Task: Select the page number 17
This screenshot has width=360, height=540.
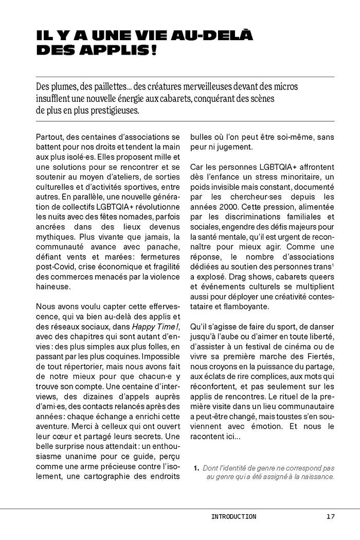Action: (x=330, y=516)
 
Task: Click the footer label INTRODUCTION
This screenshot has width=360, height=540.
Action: (x=233, y=516)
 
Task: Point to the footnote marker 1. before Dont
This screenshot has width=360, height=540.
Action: (x=196, y=468)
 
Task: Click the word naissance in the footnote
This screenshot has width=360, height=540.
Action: (x=317, y=477)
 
